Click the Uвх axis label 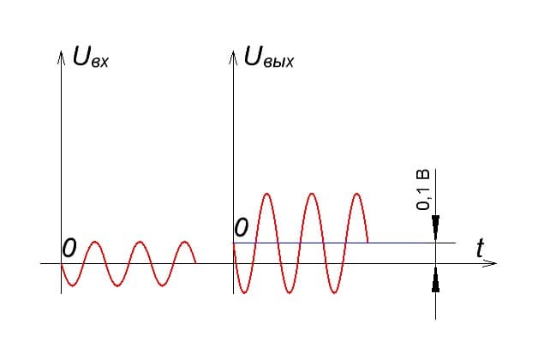point(91,57)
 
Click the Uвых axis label point(269,57)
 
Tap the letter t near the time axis point(481,248)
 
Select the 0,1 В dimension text point(422,189)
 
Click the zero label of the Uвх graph point(69,248)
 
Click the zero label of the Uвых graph point(242,227)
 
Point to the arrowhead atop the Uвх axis point(62,57)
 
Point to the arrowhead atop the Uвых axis point(233,57)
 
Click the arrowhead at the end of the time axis point(490,263)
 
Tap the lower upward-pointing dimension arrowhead point(436,279)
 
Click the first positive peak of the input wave point(95,242)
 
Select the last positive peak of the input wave point(185,242)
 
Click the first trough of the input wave point(73,285)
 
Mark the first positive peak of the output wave point(267,194)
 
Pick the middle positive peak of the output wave point(312,194)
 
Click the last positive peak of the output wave point(357,194)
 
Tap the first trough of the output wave point(244,293)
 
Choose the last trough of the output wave point(334,293)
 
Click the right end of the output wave point(368,243)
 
